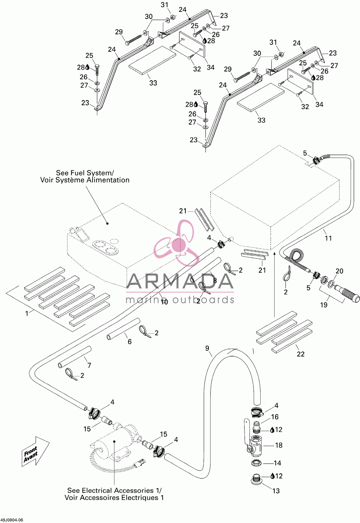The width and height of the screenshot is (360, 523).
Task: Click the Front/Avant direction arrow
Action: click(x=36, y=452)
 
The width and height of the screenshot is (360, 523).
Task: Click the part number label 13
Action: click(x=276, y=491)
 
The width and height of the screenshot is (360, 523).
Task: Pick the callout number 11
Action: click(x=328, y=238)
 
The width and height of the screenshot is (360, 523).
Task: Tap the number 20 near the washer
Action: click(x=339, y=271)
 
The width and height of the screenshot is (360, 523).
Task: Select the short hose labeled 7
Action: click(x=75, y=357)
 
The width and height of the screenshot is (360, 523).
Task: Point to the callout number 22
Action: click(x=301, y=354)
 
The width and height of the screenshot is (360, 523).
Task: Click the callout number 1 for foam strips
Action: click(x=27, y=313)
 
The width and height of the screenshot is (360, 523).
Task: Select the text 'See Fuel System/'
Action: click(x=85, y=173)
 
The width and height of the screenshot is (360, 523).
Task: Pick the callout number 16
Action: click(x=275, y=417)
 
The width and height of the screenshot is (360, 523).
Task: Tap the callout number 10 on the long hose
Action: click(x=165, y=302)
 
